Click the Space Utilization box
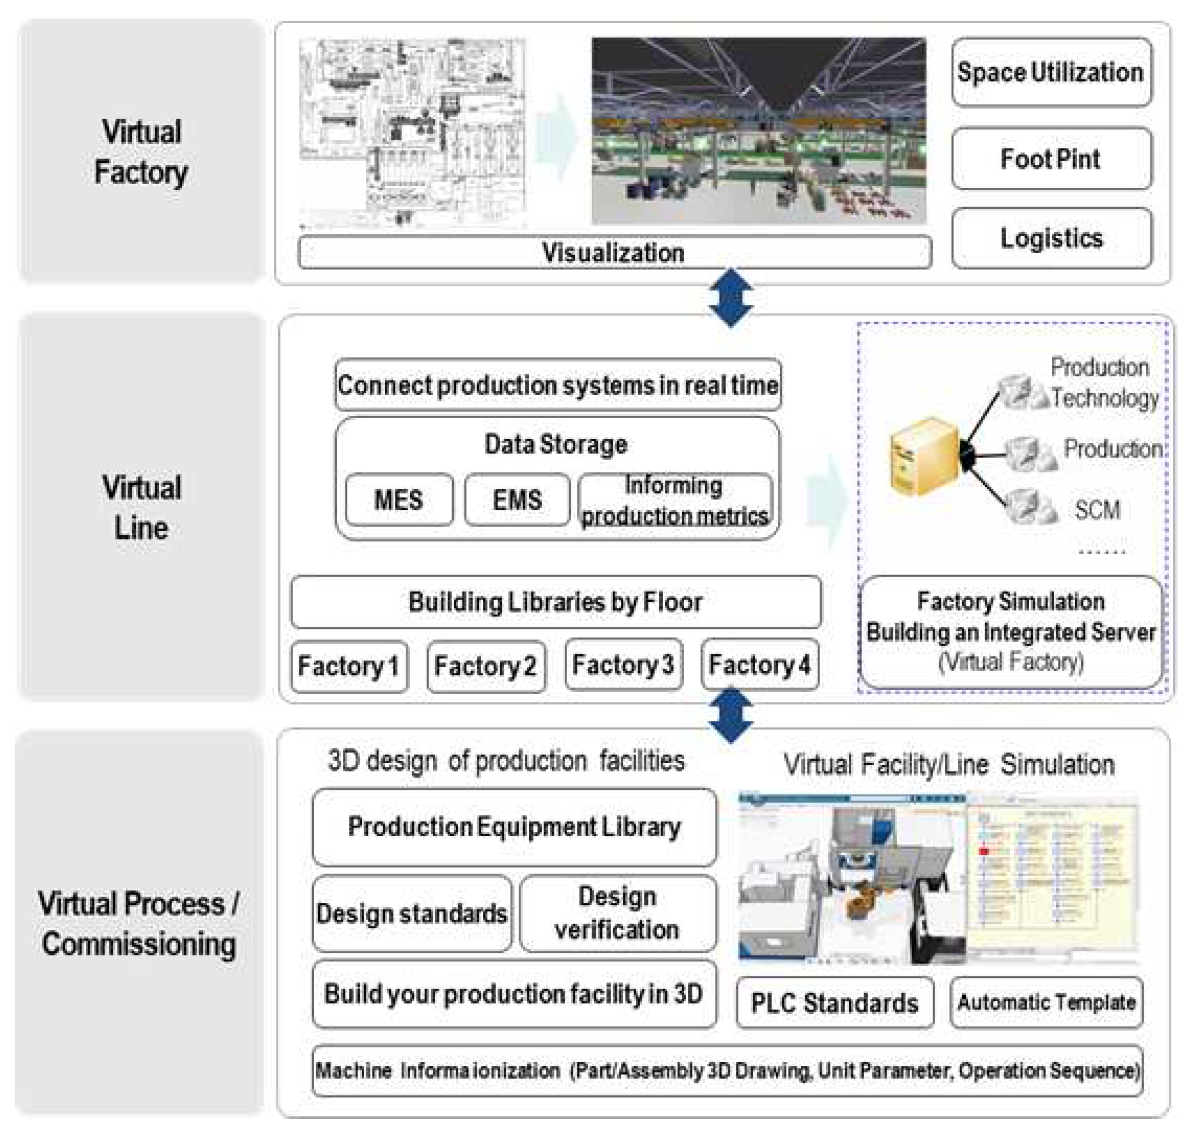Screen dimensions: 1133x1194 tap(1051, 73)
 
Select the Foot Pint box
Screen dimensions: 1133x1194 tap(1051, 159)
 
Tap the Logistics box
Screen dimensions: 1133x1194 tap(1051, 238)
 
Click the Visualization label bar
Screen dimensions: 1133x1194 tap(614, 253)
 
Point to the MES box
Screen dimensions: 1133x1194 tap(399, 500)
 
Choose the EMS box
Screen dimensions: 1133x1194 tap(517, 500)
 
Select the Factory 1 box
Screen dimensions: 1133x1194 tap(349, 666)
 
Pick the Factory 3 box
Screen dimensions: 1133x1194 tap(623, 665)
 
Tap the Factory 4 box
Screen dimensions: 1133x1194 tap(759, 665)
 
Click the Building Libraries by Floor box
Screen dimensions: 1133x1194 tap(555, 602)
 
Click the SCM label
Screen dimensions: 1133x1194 tap(1097, 510)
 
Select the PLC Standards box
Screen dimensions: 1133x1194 tap(834, 1003)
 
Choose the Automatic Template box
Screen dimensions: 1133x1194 tap(1046, 1003)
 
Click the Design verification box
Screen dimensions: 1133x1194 tap(618, 913)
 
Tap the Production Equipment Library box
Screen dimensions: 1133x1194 tap(514, 827)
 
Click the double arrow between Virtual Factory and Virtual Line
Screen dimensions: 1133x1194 tap(730, 298)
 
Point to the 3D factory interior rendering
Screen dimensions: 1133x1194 tap(758, 131)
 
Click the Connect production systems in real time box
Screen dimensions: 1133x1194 tap(557, 385)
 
